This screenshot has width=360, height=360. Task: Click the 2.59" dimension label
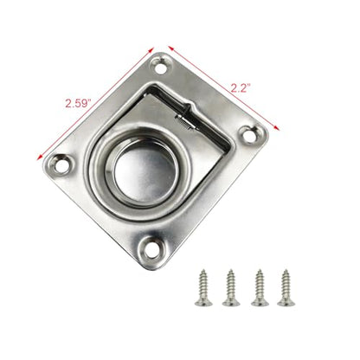point(78,103)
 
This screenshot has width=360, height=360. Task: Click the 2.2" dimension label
point(240,87)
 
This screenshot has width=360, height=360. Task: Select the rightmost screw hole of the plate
point(248,135)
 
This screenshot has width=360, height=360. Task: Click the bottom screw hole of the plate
point(152,250)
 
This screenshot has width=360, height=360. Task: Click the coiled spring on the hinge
point(185,122)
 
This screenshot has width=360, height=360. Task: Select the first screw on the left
point(203,287)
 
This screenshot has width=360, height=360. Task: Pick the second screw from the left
point(231,287)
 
